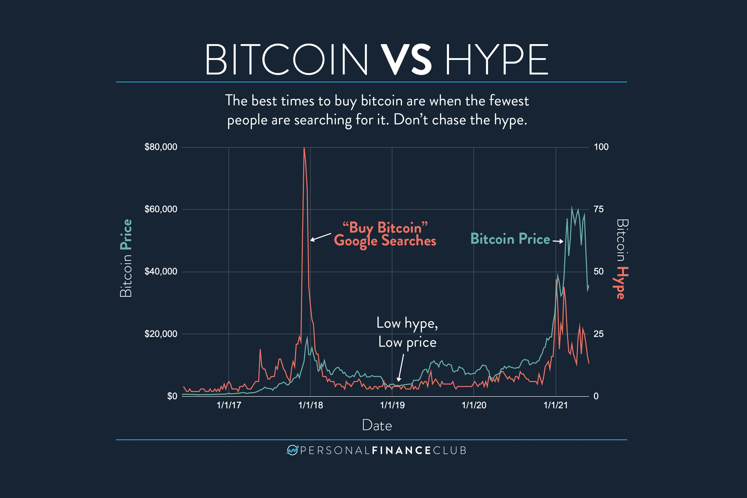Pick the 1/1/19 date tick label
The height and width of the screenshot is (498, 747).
click(392, 405)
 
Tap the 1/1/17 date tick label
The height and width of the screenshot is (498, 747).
click(229, 405)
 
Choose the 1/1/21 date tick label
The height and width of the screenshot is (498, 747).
click(556, 405)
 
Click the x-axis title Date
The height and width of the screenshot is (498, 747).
click(377, 426)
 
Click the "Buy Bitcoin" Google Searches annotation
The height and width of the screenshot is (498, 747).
click(385, 234)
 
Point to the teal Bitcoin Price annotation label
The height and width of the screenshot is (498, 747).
click(510, 239)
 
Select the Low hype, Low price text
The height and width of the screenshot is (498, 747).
click(407, 332)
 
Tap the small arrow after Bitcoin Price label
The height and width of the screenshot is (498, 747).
click(558, 241)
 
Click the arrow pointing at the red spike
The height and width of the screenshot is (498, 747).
click(320, 237)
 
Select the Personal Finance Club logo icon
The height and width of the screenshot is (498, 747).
click(292, 450)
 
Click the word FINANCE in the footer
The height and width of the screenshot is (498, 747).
click(401, 450)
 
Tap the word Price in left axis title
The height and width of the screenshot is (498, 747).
click(126, 234)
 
